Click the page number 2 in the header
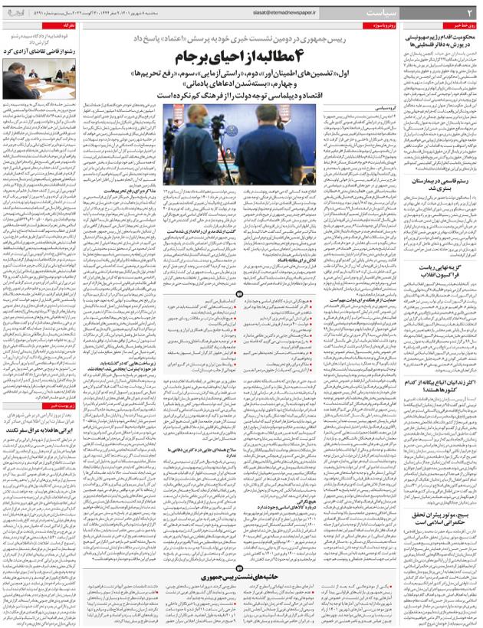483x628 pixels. pos(471,13)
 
